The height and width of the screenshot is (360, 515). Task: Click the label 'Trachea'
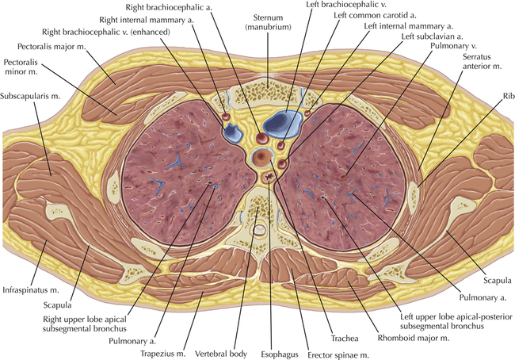[344, 339]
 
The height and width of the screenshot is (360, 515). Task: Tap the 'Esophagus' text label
[280, 354]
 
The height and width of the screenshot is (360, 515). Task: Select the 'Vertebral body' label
[221, 354]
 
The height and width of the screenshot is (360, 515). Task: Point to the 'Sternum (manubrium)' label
[268, 22]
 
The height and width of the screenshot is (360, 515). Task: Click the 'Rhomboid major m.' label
[413, 338]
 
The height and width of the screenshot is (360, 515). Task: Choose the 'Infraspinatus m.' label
[31, 290]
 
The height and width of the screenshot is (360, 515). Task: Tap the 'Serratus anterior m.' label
[483, 62]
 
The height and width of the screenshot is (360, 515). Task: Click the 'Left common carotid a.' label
[375, 15]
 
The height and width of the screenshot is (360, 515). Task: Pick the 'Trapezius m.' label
[163, 354]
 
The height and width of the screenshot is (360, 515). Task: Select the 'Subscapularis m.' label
[30, 96]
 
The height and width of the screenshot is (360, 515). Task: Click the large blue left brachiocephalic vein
[283, 124]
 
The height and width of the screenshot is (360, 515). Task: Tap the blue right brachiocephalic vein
[233, 132]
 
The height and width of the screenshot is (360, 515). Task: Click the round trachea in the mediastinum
[261, 157]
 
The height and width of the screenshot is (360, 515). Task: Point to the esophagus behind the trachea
[269, 178]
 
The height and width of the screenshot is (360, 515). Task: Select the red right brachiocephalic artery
[262, 138]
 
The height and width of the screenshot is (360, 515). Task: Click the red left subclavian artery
[282, 163]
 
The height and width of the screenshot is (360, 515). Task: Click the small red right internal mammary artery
[226, 116]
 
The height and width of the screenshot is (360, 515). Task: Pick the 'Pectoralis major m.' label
[51, 46]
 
